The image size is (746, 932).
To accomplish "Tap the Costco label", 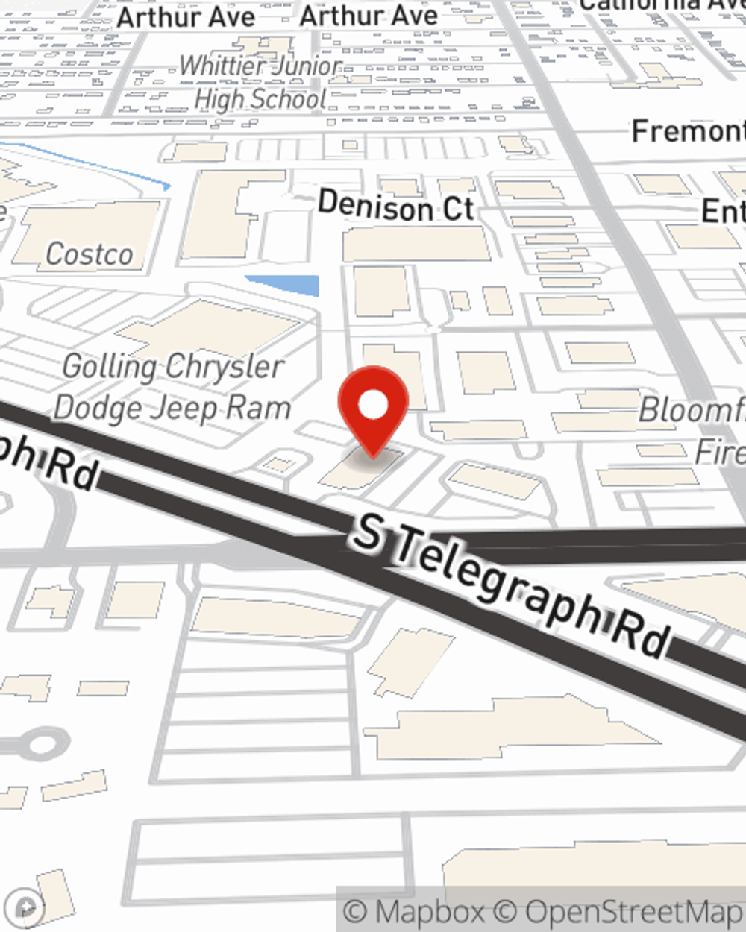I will click(90, 254).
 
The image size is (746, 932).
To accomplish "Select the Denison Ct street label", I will click(395, 206).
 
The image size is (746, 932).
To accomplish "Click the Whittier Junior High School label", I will click(260, 83).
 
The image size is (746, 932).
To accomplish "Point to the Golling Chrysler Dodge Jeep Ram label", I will click(172, 387).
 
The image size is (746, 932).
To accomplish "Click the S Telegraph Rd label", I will click(512, 589).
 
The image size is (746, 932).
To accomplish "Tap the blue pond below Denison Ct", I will click(284, 284).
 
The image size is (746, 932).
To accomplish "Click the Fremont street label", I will click(687, 131).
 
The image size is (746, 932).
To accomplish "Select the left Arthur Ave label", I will click(186, 16).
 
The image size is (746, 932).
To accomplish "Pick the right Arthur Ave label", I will click(369, 16).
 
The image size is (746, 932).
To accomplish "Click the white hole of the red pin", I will click(373, 405).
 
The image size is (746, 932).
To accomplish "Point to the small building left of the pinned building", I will click(278, 465).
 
